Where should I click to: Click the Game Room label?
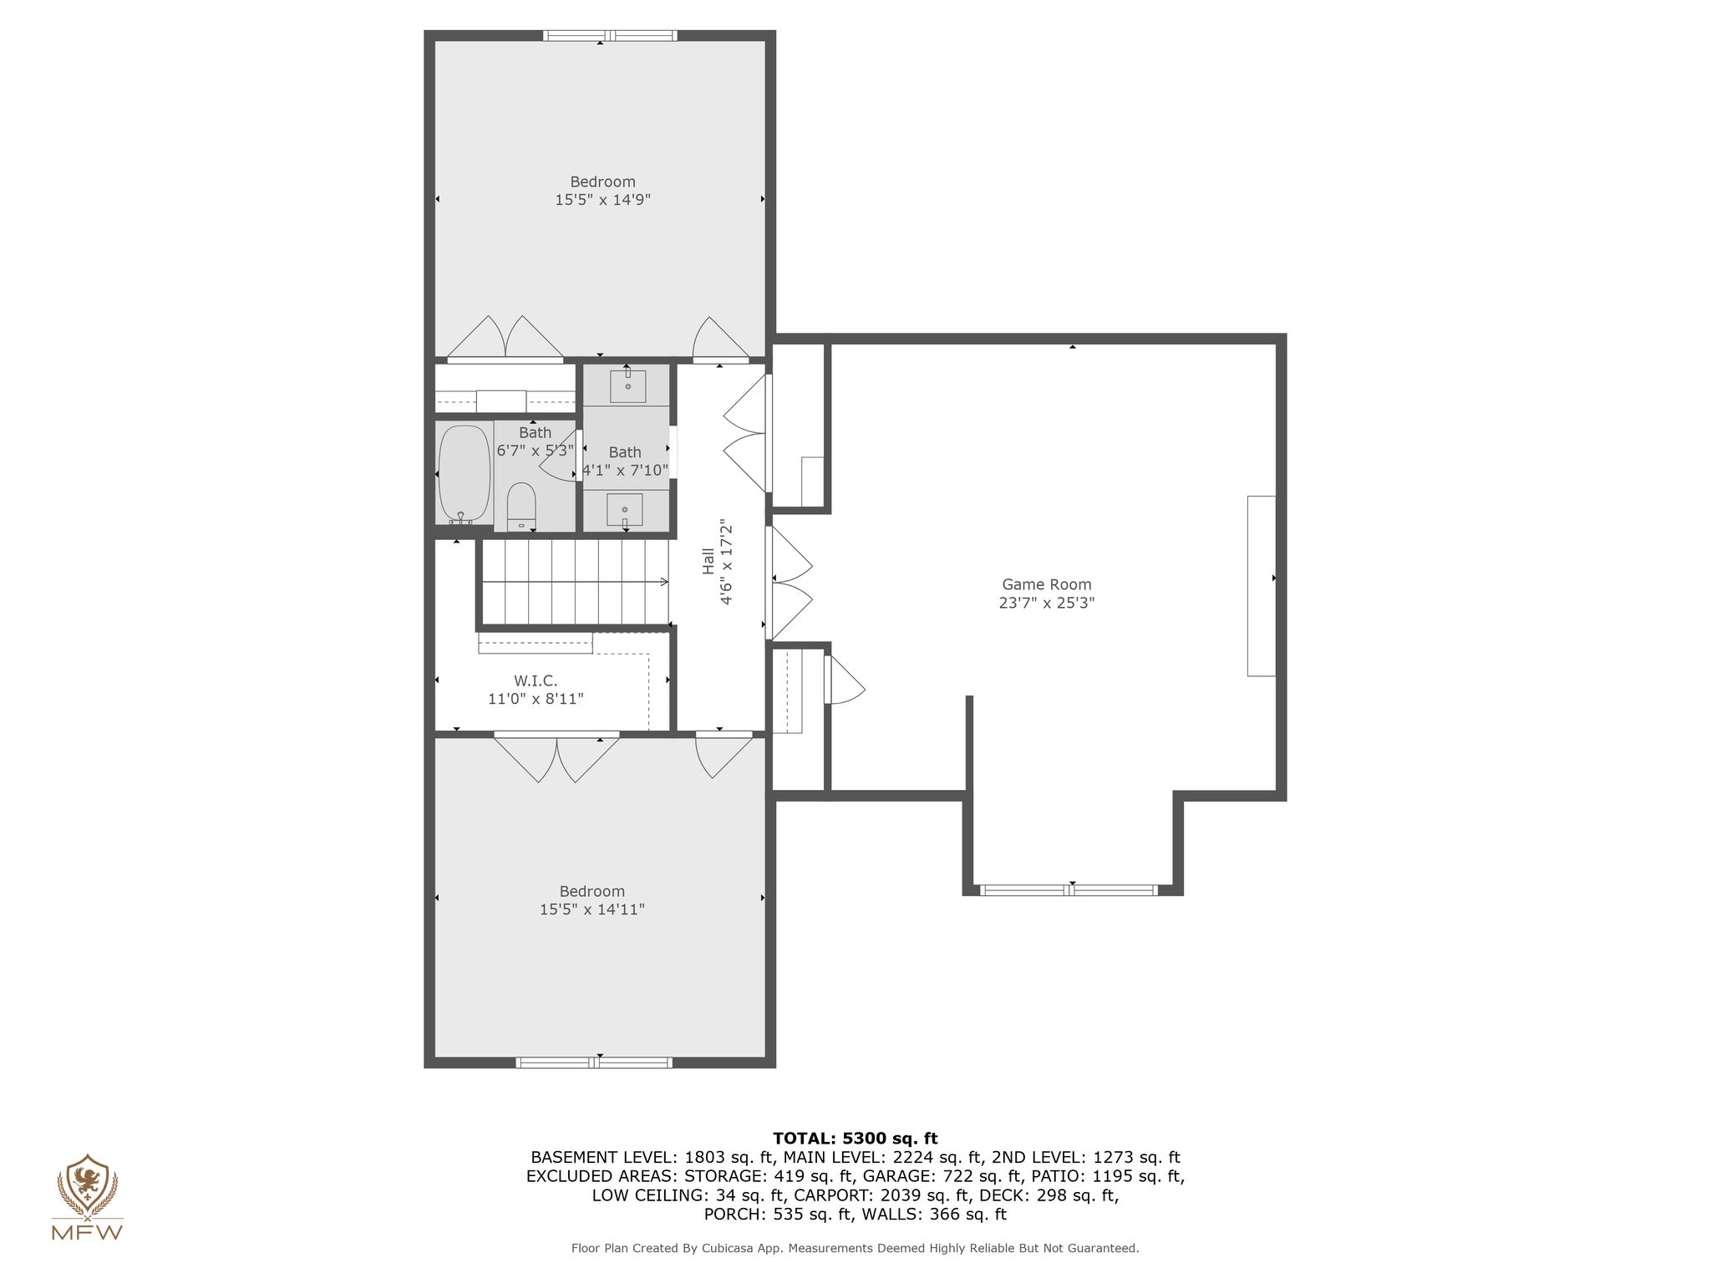tap(1047, 585)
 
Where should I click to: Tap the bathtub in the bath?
tap(465, 474)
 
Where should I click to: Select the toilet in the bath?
tap(521, 507)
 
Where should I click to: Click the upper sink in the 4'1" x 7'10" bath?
tap(627, 385)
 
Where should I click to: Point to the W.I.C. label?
tap(536, 681)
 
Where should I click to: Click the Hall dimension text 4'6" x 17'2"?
tap(726, 562)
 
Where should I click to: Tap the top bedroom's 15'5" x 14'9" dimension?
tap(603, 200)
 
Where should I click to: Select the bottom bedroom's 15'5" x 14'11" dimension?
tap(592, 909)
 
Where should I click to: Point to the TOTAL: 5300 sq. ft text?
tap(855, 1139)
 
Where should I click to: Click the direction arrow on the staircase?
tap(576, 582)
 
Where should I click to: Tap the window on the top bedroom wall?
tap(610, 35)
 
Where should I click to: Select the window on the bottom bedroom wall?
tap(594, 1062)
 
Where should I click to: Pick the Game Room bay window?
tap(1069, 890)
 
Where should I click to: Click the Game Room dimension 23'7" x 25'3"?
tap(1047, 603)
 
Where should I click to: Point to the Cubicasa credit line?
tap(855, 1249)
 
